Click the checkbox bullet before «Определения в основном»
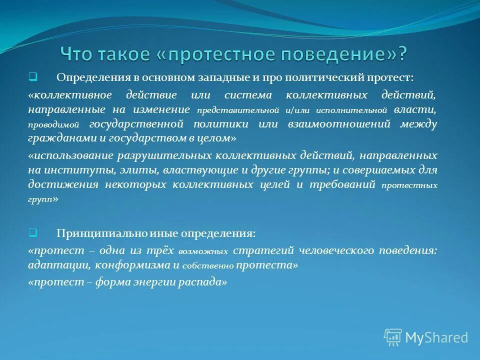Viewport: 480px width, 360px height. click(x=32, y=77)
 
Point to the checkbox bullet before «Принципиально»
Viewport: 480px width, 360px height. click(x=32, y=232)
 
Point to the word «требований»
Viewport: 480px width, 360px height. click(x=344, y=184)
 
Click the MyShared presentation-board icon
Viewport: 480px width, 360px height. click(x=393, y=337)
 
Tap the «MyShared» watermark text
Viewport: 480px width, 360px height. click(x=436, y=338)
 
